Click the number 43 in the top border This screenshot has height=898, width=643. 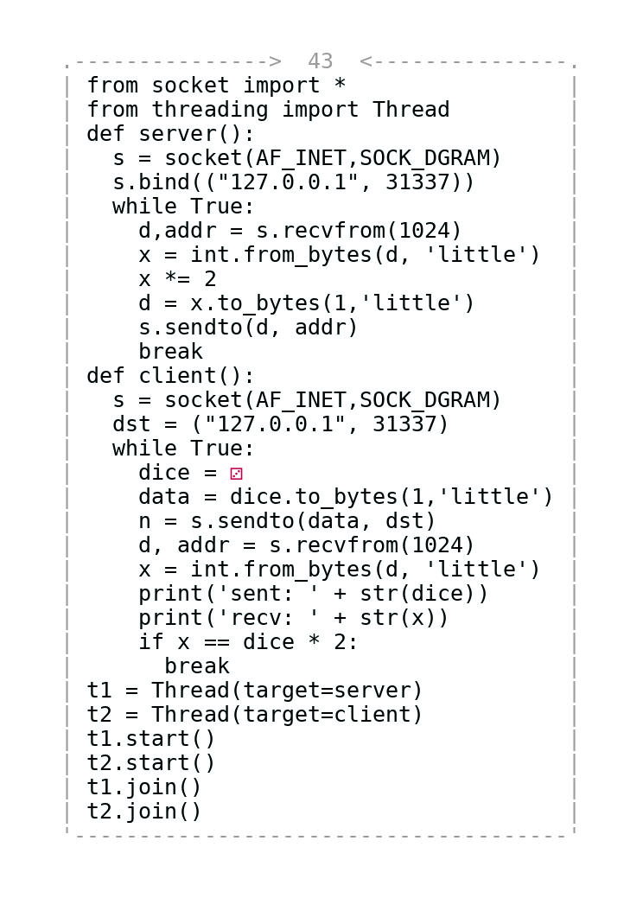point(320,62)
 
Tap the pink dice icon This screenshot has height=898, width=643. point(236,474)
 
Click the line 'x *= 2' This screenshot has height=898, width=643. point(177,279)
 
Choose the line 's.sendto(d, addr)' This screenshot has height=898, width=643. point(248,328)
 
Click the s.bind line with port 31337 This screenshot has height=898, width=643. point(293,182)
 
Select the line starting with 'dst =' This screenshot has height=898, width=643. point(280,424)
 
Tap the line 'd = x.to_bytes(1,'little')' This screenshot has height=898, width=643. point(306,303)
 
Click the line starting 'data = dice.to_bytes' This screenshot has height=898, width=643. point(345,497)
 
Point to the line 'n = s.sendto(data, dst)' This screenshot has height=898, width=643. point(287,521)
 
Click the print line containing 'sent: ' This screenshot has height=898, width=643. point(313,594)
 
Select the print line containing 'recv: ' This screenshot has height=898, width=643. point(293,618)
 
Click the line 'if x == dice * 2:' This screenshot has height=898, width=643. point(248,642)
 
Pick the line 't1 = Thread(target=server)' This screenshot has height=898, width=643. point(255,691)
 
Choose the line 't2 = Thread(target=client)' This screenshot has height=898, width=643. point(255,715)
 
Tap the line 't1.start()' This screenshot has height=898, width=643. point(151,739)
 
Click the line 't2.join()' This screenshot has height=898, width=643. point(144,812)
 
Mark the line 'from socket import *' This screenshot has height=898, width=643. point(216,86)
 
